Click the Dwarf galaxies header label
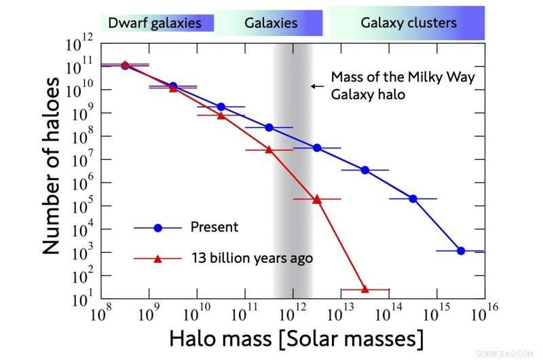(155, 23)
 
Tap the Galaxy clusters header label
(408, 23)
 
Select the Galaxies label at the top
(271, 23)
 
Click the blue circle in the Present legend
(157, 228)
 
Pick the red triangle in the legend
(157, 258)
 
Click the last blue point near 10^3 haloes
(461, 251)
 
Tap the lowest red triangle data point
(364, 289)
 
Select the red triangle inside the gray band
(269, 149)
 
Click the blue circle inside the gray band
(269, 127)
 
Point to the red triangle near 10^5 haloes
(317, 199)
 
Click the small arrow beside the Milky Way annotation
(316, 86)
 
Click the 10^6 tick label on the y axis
(81, 182)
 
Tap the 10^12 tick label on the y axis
(79, 42)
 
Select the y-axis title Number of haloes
(52, 166)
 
